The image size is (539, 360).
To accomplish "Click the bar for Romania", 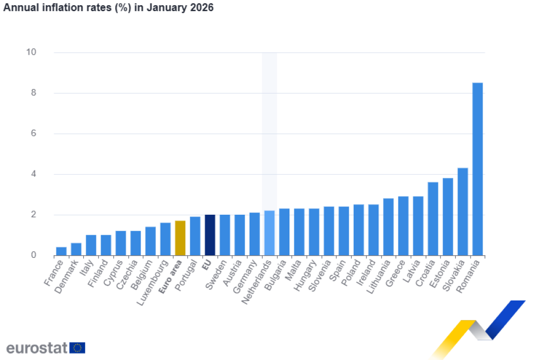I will pyautogui.click(x=477, y=168).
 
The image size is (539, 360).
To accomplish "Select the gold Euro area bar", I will pyautogui.click(x=180, y=238).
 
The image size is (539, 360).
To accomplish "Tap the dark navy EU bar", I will pyautogui.click(x=209, y=235).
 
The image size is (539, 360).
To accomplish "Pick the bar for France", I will pyautogui.click(x=61, y=251).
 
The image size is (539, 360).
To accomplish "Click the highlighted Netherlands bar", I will pyautogui.click(x=269, y=233).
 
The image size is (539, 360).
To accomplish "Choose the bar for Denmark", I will pyautogui.click(x=76, y=249).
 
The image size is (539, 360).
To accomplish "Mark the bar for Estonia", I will pyautogui.click(x=448, y=216).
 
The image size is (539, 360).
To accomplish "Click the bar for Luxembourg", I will pyautogui.click(x=165, y=239).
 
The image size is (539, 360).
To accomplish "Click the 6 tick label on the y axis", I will pyautogui.click(x=33, y=134).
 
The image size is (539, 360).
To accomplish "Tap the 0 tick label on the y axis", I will pyautogui.click(x=33, y=255).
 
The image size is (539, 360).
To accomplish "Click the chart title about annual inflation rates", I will pyautogui.click(x=108, y=8).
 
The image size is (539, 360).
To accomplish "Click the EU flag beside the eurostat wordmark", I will pyautogui.click(x=77, y=348).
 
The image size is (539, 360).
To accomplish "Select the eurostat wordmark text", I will pyautogui.click(x=37, y=348).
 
